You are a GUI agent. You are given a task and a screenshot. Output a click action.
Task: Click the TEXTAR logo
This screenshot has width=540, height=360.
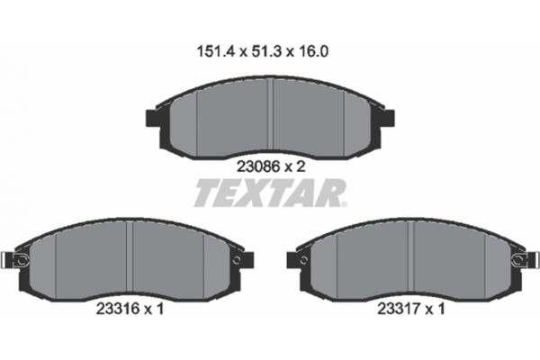270,193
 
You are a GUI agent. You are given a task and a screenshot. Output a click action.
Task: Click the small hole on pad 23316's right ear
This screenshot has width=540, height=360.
237,261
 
